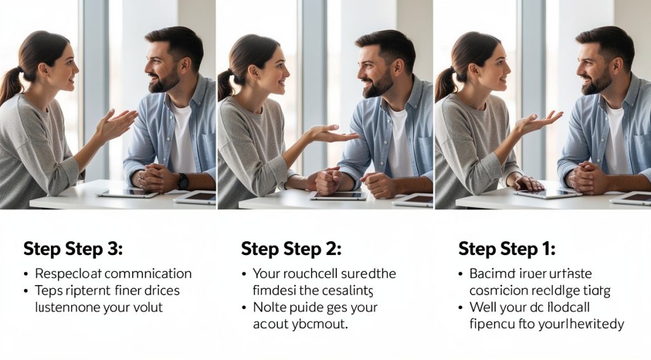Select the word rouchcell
(x=309, y=274)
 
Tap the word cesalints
(x=346, y=291)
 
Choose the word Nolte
(x=270, y=307)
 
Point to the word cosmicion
(x=498, y=291)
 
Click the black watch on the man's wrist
(x=183, y=181)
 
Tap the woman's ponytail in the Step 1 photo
(x=444, y=83)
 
